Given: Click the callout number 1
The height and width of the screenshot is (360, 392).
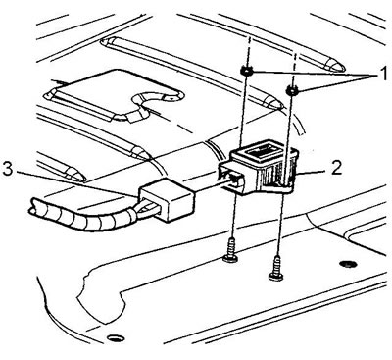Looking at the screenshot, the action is (x=382, y=74).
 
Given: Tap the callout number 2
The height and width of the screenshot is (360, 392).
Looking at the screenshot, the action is (x=336, y=167).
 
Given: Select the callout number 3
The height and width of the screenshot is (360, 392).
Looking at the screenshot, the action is (x=7, y=169).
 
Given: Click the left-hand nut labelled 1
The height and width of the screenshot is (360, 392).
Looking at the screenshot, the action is (x=246, y=70).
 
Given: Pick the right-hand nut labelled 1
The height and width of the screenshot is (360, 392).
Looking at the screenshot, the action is (x=292, y=90).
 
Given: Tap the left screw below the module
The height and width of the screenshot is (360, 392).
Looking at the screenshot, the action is (x=231, y=251).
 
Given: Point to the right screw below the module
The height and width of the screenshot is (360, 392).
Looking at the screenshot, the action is (x=276, y=269).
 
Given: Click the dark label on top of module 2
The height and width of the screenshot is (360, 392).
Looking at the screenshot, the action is (x=262, y=150).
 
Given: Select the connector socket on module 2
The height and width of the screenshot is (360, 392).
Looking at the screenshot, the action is (x=231, y=178).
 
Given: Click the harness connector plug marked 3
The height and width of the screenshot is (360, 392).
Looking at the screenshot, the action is (x=168, y=200).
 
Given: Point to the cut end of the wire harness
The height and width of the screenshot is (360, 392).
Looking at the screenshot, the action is (x=32, y=206).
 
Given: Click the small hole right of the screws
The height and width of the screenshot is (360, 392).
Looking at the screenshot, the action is (x=347, y=263).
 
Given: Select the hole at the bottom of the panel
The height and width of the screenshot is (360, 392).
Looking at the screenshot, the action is (x=115, y=338).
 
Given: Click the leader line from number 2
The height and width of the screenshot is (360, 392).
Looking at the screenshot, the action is (x=313, y=171).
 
